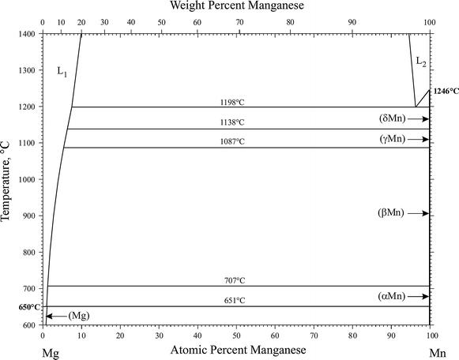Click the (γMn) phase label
tap(393, 139)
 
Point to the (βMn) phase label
tap(393, 213)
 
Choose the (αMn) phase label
tap(393, 297)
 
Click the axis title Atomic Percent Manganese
tap(236, 350)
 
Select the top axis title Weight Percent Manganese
tap(237, 6)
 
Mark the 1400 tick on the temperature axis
tap(26, 34)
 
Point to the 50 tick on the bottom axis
tap(236, 335)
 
